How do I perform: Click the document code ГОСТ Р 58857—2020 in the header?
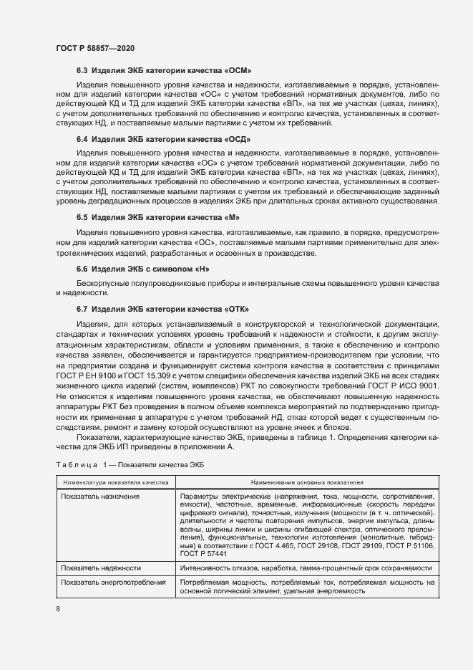pyautogui.click(x=94, y=48)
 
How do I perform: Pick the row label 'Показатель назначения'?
pyautogui.click(x=100, y=497)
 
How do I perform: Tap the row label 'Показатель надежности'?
pyautogui.click(x=101, y=568)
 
